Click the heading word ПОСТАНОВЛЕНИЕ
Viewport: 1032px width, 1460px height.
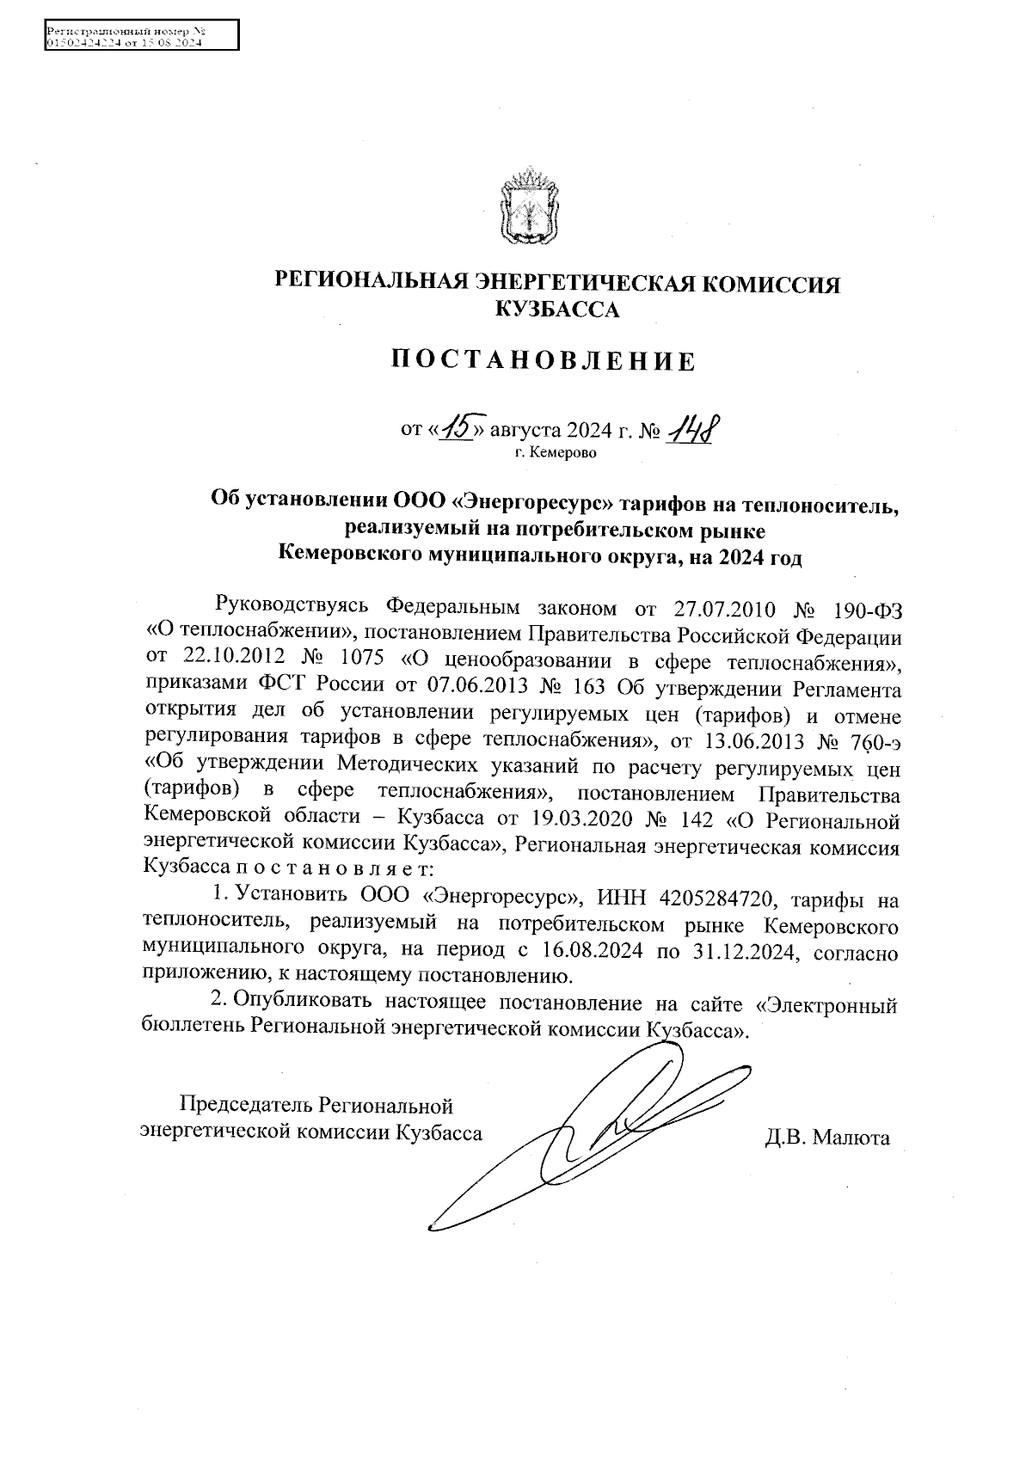pos(544,361)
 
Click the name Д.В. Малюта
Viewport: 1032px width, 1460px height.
pos(826,1139)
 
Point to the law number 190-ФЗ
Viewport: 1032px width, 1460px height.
pos(868,610)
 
